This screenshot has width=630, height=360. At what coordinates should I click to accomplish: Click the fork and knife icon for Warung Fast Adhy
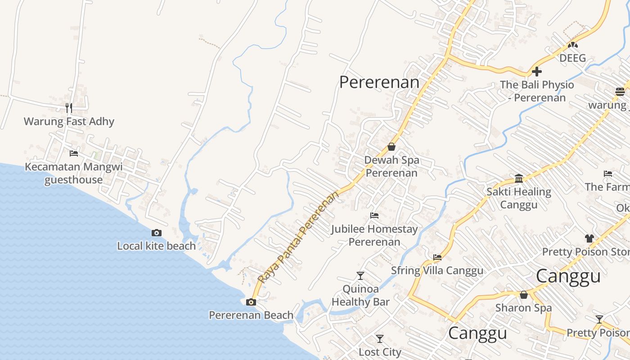[x=68, y=108]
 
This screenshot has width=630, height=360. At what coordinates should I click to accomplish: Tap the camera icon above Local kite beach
[x=157, y=233]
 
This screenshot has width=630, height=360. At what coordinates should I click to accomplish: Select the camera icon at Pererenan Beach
[x=251, y=302]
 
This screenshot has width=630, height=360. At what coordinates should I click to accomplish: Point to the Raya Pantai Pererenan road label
[x=299, y=237]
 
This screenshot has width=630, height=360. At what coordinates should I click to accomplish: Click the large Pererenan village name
[x=379, y=82]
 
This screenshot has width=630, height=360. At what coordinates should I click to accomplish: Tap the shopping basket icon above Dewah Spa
[x=391, y=147]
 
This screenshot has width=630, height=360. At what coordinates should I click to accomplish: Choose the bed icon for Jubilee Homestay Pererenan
[x=374, y=216]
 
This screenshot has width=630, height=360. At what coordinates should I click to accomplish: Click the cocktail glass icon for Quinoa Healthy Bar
[x=360, y=275]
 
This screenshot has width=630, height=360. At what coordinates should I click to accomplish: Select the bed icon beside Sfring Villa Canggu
[x=437, y=257]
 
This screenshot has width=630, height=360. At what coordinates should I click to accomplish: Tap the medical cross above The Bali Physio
[x=536, y=72]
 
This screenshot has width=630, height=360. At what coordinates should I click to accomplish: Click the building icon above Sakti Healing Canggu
[x=518, y=178]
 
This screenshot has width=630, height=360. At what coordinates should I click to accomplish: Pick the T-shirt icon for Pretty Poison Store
[x=589, y=238]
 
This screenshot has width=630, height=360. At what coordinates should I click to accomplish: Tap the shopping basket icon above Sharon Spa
[x=523, y=295]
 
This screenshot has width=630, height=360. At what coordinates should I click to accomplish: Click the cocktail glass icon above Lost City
[x=380, y=338]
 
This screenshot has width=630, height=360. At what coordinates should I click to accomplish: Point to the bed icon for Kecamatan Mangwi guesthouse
[x=74, y=153]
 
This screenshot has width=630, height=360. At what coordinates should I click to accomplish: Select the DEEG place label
[x=572, y=58]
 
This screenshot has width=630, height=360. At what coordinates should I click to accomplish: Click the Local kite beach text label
[x=156, y=246]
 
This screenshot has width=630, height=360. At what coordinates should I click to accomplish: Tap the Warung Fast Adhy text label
[x=69, y=121]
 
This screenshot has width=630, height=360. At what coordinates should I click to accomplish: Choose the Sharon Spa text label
[x=523, y=308]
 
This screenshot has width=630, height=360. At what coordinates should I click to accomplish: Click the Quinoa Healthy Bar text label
[x=360, y=295]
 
